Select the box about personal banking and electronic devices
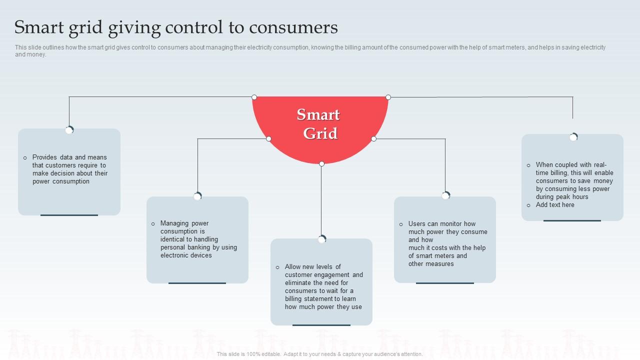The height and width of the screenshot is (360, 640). pos(197,239)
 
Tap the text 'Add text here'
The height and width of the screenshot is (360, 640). pos(555,205)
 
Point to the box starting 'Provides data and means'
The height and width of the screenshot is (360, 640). pos(69,169)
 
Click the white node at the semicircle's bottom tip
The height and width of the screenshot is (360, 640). pos(321,163)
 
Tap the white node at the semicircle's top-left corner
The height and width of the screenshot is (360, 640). pos(254,97)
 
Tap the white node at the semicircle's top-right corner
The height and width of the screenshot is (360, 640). pos(388,97)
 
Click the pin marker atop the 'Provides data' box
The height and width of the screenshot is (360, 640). pos(69,130)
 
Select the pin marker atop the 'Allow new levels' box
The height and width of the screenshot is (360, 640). pos(321,239)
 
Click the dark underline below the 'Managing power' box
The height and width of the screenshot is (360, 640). pos(197,283)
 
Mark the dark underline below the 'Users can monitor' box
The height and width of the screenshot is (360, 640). pos(444,283)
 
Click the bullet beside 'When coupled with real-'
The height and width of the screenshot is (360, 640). pos(528,165)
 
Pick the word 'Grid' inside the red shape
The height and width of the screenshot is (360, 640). pos(320,133)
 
